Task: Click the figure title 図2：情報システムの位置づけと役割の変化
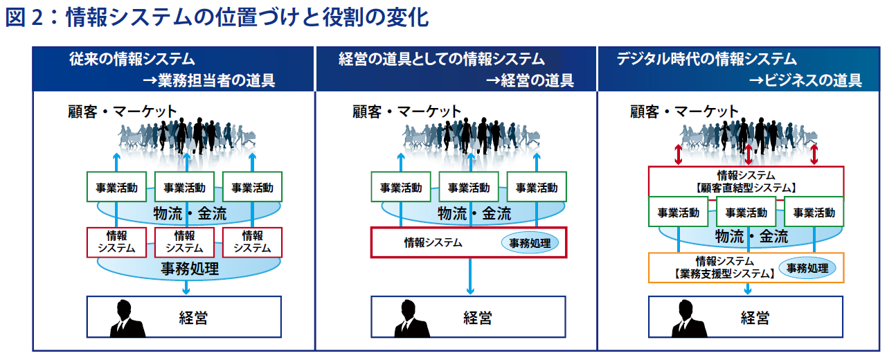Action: point(217,17)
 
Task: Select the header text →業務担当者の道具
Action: point(209,80)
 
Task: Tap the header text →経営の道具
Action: point(530,80)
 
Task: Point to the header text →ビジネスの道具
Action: point(805,80)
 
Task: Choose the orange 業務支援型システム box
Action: point(746,268)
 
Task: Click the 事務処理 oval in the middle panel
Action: point(530,243)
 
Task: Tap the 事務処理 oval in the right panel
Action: point(807,268)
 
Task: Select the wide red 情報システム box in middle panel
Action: point(469,242)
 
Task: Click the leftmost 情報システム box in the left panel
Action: point(116,242)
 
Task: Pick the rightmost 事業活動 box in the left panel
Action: point(252,187)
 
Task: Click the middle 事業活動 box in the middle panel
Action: point(469,187)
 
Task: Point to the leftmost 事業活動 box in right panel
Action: point(679,212)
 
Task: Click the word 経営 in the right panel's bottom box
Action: point(755,318)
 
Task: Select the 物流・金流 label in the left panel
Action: point(190,214)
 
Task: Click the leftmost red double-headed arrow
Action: point(678,154)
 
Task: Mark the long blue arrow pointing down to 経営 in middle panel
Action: point(470,276)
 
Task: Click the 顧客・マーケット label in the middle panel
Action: point(406,111)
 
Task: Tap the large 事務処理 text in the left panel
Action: point(190,269)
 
